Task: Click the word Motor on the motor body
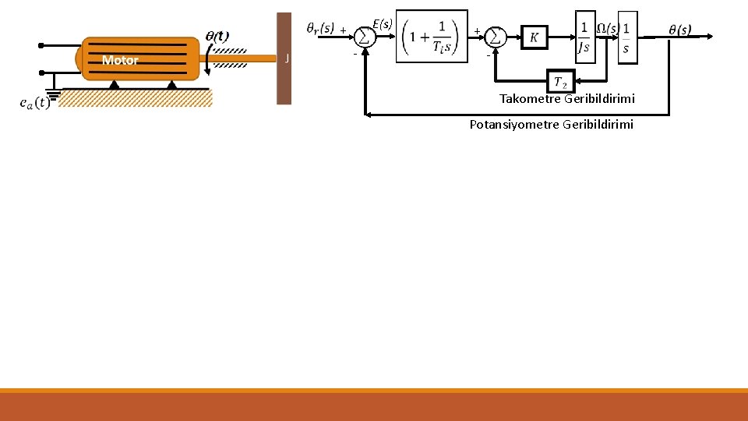pyautogui.click(x=120, y=60)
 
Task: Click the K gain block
pyautogui.click(x=534, y=37)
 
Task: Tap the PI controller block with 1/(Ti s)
pyautogui.click(x=432, y=36)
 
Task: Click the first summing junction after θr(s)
pyautogui.click(x=365, y=37)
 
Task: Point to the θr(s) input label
pyautogui.click(x=320, y=29)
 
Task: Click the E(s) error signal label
pyautogui.click(x=382, y=24)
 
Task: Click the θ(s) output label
pyautogui.click(x=679, y=30)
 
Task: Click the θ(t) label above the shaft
pyautogui.click(x=217, y=35)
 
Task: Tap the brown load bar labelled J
pyautogui.click(x=284, y=58)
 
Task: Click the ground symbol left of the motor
pyautogui.click(x=54, y=94)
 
